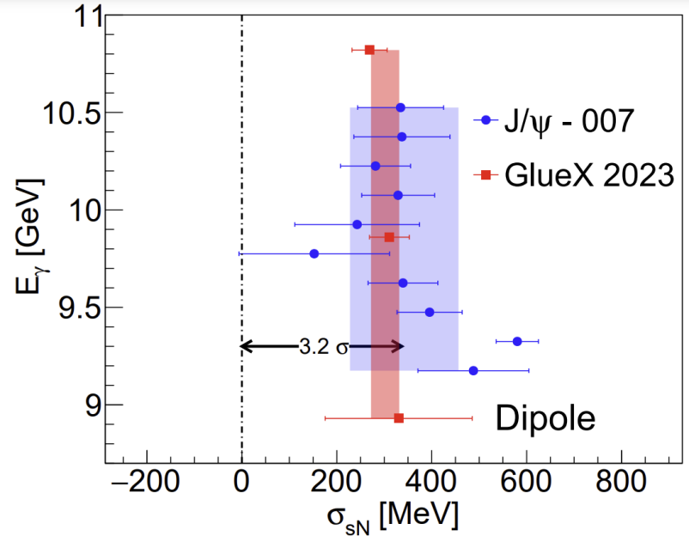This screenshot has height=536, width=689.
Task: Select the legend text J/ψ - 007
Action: [x=569, y=121]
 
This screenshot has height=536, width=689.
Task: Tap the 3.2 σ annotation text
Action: [x=324, y=347]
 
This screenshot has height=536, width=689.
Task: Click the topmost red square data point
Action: [x=369, y=50]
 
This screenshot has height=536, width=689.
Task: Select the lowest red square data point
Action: [x=399, y=417]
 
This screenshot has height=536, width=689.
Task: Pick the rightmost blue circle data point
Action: [x=517, y=341]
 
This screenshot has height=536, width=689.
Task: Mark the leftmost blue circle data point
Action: [x=314, y=253]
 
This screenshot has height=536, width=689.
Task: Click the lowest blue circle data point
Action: [x=473, y=370]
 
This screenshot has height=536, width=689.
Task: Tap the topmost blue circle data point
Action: [x=400, y=107]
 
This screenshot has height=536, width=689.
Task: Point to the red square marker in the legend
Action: [x=485, y=175]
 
